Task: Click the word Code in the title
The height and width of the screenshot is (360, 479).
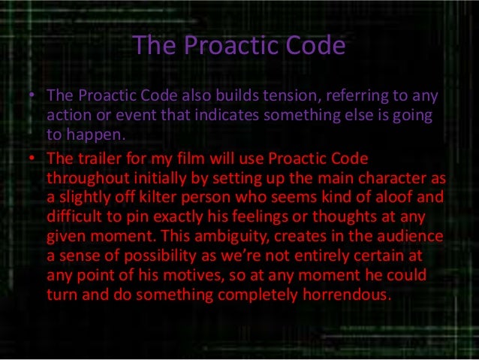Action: pyautogui.click(x=312, y=47)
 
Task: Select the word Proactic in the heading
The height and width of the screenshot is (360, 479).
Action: pyautogui.click(x=226, y=47)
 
